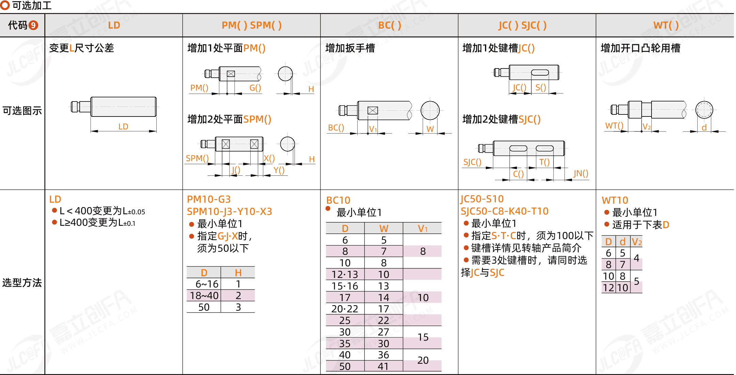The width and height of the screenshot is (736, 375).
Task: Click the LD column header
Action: point(114,25)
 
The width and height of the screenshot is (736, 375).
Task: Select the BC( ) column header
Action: point(390,25)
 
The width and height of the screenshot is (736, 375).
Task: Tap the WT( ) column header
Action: point(665,25)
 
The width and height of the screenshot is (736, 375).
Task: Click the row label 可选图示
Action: point(22,111)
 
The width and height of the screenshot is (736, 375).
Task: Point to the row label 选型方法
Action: point(22,282)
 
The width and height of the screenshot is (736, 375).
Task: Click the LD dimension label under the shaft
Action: point(123,127)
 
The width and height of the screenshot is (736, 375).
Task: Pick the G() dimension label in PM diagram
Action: point(255,88)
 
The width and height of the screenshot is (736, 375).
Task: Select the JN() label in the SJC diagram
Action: point(581,174)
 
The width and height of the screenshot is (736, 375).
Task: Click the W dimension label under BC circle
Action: point(430,129)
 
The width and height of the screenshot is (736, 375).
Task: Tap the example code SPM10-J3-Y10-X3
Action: point(229,212)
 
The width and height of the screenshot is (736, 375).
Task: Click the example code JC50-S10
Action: point(482,199)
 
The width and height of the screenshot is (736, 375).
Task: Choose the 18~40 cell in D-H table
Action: point(204,296)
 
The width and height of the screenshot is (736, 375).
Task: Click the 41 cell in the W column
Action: point(383,366)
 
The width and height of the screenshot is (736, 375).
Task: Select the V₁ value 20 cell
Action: point(423,360)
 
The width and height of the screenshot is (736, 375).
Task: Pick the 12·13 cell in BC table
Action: point(345,275)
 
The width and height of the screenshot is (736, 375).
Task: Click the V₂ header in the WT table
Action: point(637,242)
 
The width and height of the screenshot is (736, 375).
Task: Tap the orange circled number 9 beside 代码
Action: point(33,25)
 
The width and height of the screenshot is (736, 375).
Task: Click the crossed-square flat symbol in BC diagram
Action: point(373,110)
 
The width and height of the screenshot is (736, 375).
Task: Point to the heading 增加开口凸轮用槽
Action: point(640,48)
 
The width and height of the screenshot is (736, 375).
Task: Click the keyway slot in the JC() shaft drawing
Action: point(540,72)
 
